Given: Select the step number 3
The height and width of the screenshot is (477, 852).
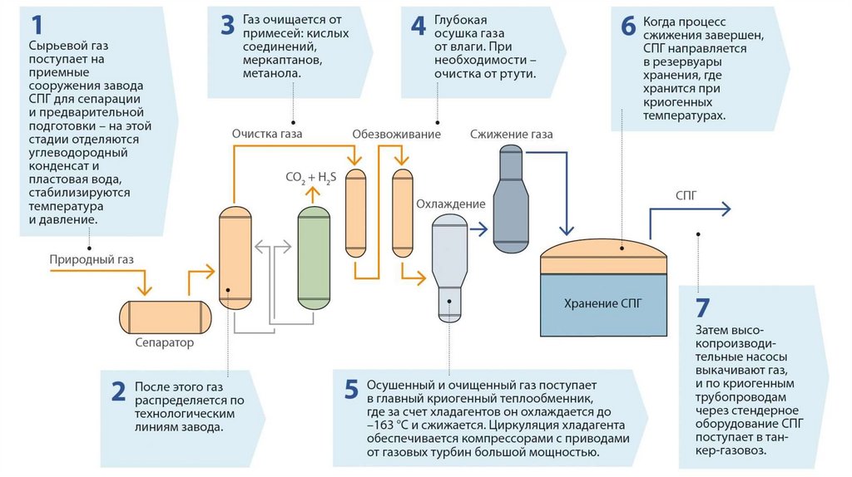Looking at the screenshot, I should click(228, 26).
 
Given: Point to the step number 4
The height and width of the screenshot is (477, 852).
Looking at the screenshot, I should click(418, 26).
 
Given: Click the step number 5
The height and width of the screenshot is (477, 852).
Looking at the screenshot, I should click(351, 390).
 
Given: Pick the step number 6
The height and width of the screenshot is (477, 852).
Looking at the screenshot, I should click(628, 26).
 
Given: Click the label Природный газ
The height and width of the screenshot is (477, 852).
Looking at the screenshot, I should click(91, 259).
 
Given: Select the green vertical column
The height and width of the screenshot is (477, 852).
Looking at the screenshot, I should click(313, 258).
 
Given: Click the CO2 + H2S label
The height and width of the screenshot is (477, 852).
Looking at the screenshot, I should click(310, 178).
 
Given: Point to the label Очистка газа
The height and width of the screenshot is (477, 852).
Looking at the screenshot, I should click(266, 133).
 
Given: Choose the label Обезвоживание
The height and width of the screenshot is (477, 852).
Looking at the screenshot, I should click(396, 133).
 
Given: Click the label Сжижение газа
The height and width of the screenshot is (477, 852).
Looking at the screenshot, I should click(511, 134).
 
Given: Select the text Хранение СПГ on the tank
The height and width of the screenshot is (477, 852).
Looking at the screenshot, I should click(603, 303).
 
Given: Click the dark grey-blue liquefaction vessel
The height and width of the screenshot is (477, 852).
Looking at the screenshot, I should click(511, 199).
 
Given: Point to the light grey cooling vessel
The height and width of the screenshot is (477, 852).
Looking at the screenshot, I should click(450, 266).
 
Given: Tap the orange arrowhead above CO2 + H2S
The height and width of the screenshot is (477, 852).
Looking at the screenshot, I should click(313, 194).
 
